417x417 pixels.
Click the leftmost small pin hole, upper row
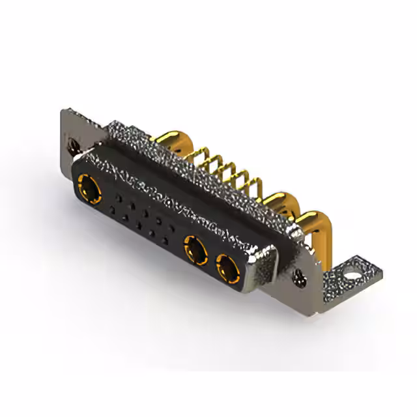(119, 195)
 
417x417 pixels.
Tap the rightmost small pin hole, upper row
(172, 227)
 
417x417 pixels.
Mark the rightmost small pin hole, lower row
(165, 240)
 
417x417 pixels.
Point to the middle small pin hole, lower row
(139, 225)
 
